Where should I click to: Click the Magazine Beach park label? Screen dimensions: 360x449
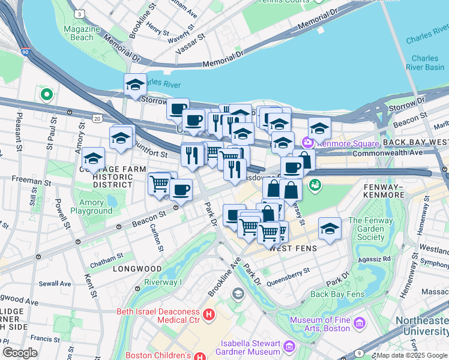[79, 33]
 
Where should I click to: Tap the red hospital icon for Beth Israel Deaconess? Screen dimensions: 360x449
[209, 314]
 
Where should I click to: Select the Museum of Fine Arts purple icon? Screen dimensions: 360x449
[360, 324]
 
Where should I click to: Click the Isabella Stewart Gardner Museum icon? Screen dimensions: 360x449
[288, 347]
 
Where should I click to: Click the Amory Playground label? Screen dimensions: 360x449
[91, 207]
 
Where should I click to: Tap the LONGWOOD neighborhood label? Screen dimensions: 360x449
[137, 269]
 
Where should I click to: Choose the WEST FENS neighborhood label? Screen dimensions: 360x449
[292, 248]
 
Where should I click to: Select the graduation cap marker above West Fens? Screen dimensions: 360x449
[330, 229]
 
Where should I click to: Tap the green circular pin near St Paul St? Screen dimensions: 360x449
[46, 94]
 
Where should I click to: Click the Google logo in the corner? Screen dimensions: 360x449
[20, 352]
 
